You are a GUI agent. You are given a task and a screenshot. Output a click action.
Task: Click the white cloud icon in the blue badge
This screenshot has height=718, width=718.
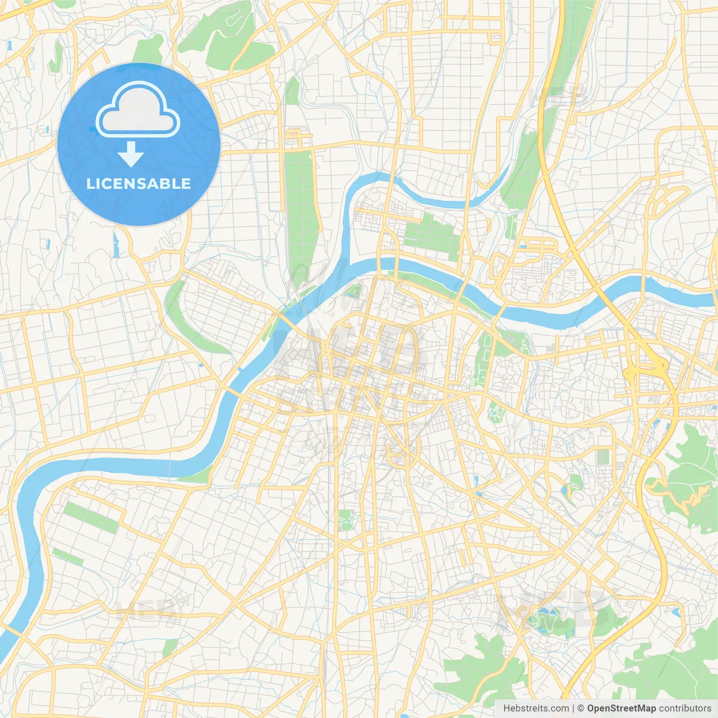click(x=137, y=111)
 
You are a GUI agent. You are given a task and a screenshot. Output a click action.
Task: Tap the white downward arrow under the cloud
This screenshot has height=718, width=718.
click(x=131, y=154)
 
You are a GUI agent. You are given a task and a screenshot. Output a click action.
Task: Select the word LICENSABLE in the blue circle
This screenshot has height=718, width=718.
click(x=138, y=184)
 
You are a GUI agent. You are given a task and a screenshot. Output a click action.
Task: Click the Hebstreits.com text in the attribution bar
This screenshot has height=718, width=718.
click(x=536, y=708)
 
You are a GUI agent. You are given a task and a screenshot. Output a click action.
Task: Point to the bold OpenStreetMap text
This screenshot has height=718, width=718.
click(x=622, y=708)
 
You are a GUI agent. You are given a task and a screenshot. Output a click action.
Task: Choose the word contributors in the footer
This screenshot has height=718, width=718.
click(x=685, y=708)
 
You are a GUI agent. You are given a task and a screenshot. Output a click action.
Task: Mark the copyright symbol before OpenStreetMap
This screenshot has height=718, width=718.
click(x=581, y=708)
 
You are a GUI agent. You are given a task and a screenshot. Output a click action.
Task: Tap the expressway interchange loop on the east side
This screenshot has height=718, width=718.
click(x=645, y=370)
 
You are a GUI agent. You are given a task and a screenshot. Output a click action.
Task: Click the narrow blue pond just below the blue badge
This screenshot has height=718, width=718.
click(x=116, y=245)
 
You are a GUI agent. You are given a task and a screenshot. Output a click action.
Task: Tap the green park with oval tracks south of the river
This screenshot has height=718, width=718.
click(x=485, y=356)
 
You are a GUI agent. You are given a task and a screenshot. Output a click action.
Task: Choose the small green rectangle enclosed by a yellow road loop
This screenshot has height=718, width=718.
click(x=603, y=457)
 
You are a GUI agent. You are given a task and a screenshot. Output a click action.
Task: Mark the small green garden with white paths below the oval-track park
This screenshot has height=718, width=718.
click(x=496, y=413)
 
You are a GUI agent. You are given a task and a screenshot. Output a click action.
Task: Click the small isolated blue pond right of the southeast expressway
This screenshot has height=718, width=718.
click(x=675, y=611)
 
